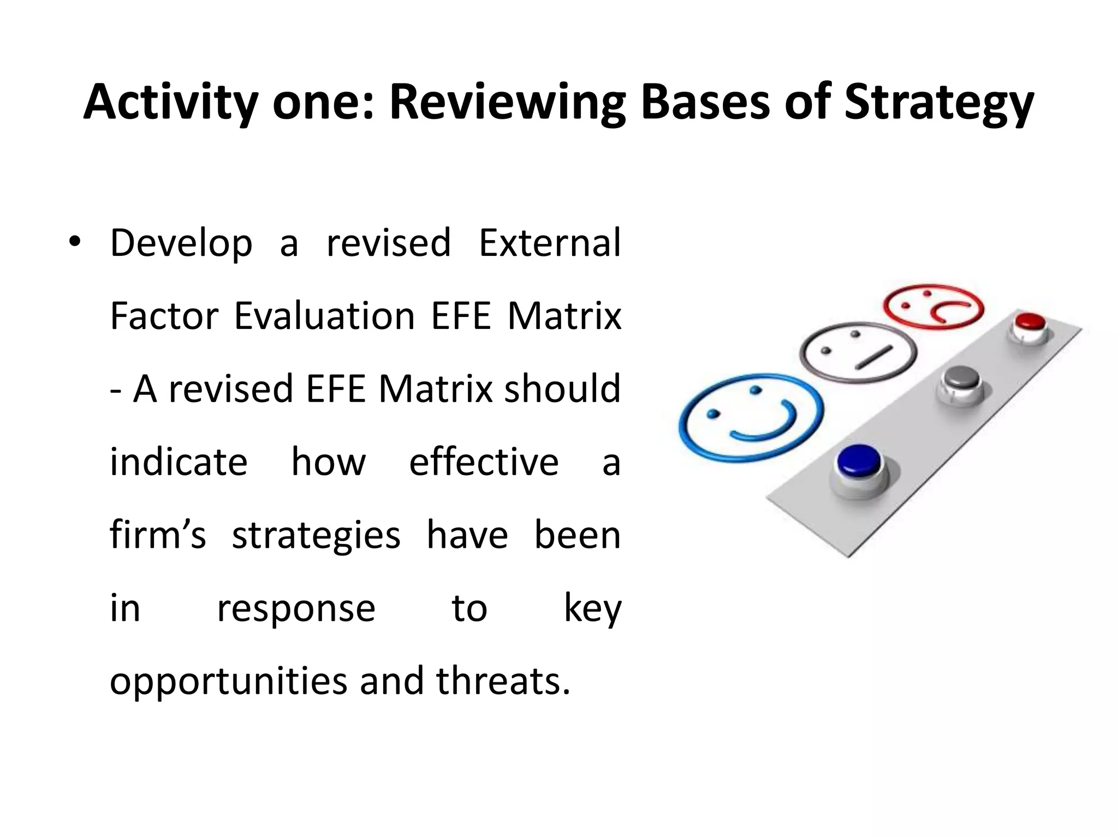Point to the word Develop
click(181, 243)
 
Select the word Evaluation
click(325, 316)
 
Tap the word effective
click(484, 462)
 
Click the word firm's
click(158, 535)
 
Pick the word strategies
click(316, 536)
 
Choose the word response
click(296, 609)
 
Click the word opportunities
click(228, 682)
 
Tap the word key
click(592, 609)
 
